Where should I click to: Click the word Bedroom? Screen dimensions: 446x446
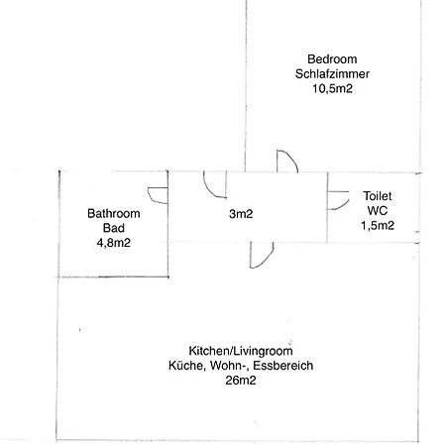pos(332,59)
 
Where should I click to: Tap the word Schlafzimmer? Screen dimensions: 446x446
pos(332,73)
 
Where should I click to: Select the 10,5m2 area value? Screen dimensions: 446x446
pos(332,88)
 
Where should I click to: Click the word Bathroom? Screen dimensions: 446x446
pos(114,213)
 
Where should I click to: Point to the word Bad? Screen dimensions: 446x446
pos(114,228)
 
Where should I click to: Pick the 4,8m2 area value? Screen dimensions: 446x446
pos(114,243)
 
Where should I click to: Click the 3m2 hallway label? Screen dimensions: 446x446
pos(241,214)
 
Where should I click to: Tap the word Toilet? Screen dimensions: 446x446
pos(378,196)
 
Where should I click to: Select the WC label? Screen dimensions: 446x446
pos(378,210)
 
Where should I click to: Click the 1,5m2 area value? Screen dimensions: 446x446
pos(378,225)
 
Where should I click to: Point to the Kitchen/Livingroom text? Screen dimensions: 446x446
pos(241,351)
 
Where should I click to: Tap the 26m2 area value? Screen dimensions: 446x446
pos(241,381)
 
